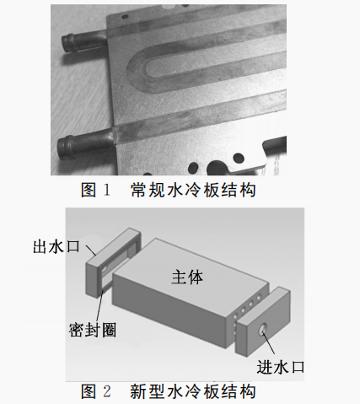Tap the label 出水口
[56, 246]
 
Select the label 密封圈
[93, 330]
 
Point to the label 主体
[187, 277]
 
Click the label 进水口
[281, 367]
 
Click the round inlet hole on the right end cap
[263, 329]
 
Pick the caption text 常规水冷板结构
[193, 190]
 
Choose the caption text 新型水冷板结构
[193, 391]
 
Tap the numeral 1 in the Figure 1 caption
[107, 190]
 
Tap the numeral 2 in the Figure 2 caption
[107, 391]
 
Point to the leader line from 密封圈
[99, 306]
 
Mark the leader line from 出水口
[91, 250]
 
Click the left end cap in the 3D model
[112, 263]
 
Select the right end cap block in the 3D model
[263, 322]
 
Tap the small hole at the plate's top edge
[122, 17]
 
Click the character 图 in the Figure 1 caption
[89, 190]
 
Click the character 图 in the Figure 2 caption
[89, 391]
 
